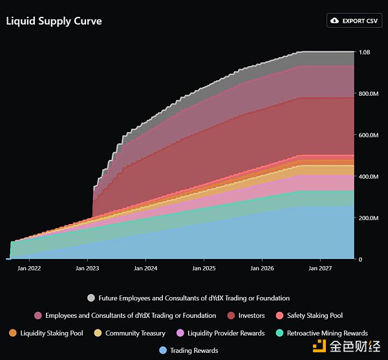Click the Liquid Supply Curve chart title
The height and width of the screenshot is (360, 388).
(54, 21)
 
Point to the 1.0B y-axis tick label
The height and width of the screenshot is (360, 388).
(365, 52)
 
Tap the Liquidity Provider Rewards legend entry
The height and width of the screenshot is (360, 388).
(221, 333)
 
